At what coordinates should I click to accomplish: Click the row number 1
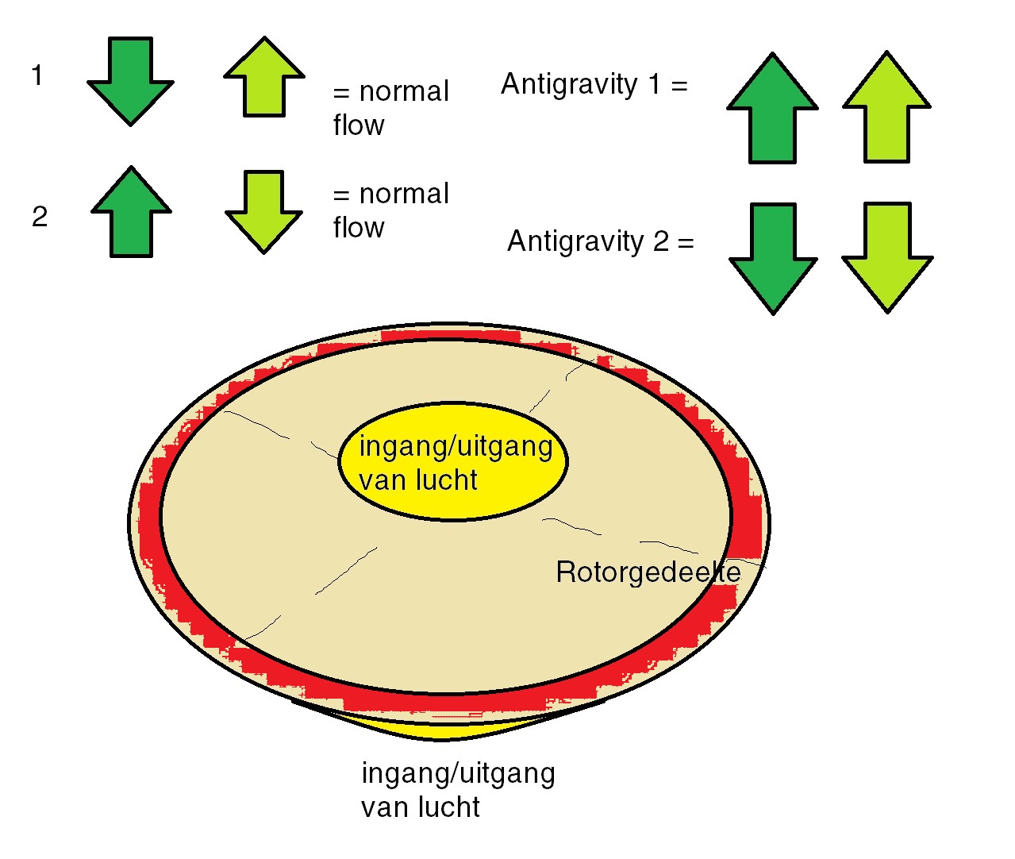pyautogui.click(x=37, y=76)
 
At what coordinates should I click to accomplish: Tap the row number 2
pyautogui.click(x=40, y=217)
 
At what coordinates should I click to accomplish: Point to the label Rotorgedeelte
pyautogui.click(x=648, y=572)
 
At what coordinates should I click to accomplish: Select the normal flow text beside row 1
pyautogui.click(x=390, y=108)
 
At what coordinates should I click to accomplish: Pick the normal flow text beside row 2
pyautogui.click(x=390, y=210)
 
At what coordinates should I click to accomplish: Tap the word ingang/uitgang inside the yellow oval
pyautogui.click(x=456, y=446)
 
